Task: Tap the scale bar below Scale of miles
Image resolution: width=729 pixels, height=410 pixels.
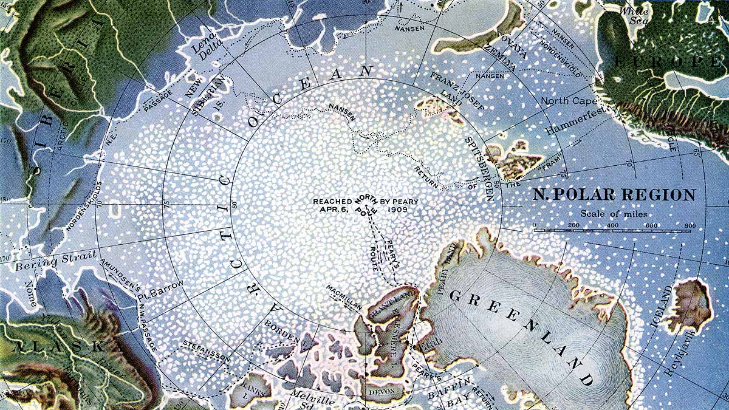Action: (x=612, y=231)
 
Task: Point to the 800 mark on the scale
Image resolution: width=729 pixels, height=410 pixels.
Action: (x=690, y=226)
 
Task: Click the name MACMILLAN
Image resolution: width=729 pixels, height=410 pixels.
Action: (x=344, y=297)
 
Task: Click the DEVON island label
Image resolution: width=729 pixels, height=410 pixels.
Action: (x=382, y=393)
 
